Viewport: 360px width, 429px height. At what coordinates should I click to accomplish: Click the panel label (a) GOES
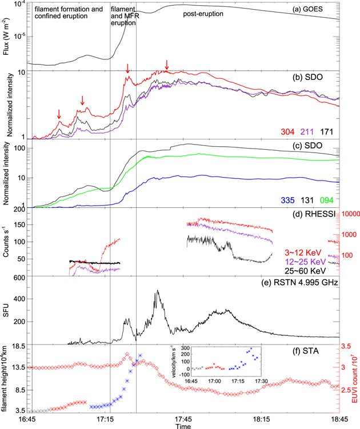coord(317,10)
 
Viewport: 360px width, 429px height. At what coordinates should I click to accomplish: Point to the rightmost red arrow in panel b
coord(166,65)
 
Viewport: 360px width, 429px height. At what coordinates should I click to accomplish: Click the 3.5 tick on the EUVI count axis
coord(346,346)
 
